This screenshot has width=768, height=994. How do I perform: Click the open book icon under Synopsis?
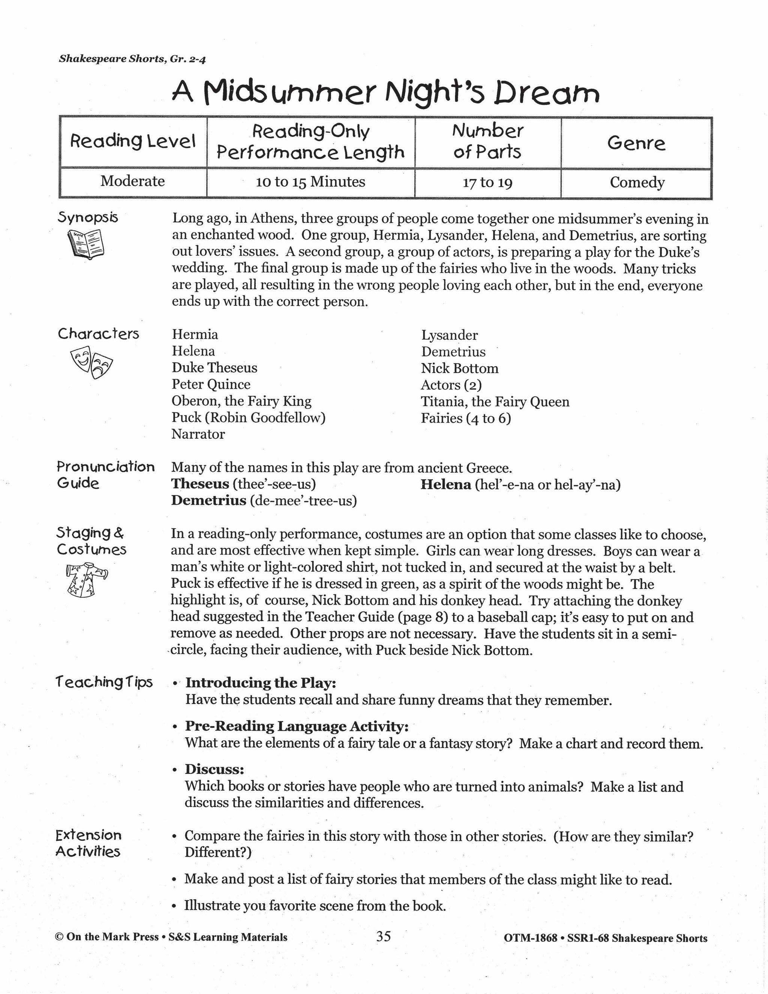point(85,243)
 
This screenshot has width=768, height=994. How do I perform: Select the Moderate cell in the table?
point(132,181)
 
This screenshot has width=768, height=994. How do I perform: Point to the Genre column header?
point(636,143)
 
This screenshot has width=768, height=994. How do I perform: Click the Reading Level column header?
point(132,141)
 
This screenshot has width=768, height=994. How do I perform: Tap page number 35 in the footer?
point(383,936)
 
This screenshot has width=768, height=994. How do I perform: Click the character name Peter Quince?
point(211,384)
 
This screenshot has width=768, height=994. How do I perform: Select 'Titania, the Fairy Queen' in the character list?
point(495,402)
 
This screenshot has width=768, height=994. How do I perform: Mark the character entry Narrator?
point(198,434)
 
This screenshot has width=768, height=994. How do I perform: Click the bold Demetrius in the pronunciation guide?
point(208,501)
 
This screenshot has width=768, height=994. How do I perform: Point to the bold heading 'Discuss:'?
point(214,769)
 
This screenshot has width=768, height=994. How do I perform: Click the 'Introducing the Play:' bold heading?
point(260,683)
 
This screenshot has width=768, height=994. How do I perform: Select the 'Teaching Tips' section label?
point(104,682)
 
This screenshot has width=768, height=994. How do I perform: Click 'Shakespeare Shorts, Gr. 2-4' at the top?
point(132,59)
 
